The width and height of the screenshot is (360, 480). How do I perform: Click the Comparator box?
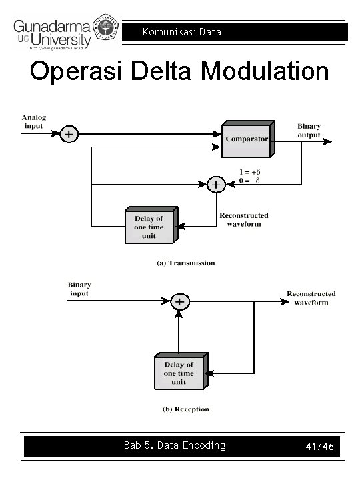[x=247, y=139]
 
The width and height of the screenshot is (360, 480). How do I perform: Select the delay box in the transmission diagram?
[x=149, y=227]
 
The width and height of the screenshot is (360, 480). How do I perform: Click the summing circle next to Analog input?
[x=69, y=134]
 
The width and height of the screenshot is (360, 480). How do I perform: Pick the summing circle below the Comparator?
[x=215, y=184]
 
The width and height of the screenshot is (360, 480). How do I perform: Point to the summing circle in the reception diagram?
[x=179, y=301]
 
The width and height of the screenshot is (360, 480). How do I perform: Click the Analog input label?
[x=33, y=121]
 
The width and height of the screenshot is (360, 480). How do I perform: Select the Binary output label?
[x=309, y=130]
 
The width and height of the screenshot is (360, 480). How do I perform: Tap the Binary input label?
[x=79, y=289]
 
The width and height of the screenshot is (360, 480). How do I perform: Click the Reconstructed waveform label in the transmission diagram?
[x=244, y=219]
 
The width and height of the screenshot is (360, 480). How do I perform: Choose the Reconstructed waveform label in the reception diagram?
[x=311, y=298]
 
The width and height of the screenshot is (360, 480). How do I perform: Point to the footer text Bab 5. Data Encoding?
[x=175, y=445]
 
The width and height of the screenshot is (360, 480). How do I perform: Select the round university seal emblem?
[x=108, y=26]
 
